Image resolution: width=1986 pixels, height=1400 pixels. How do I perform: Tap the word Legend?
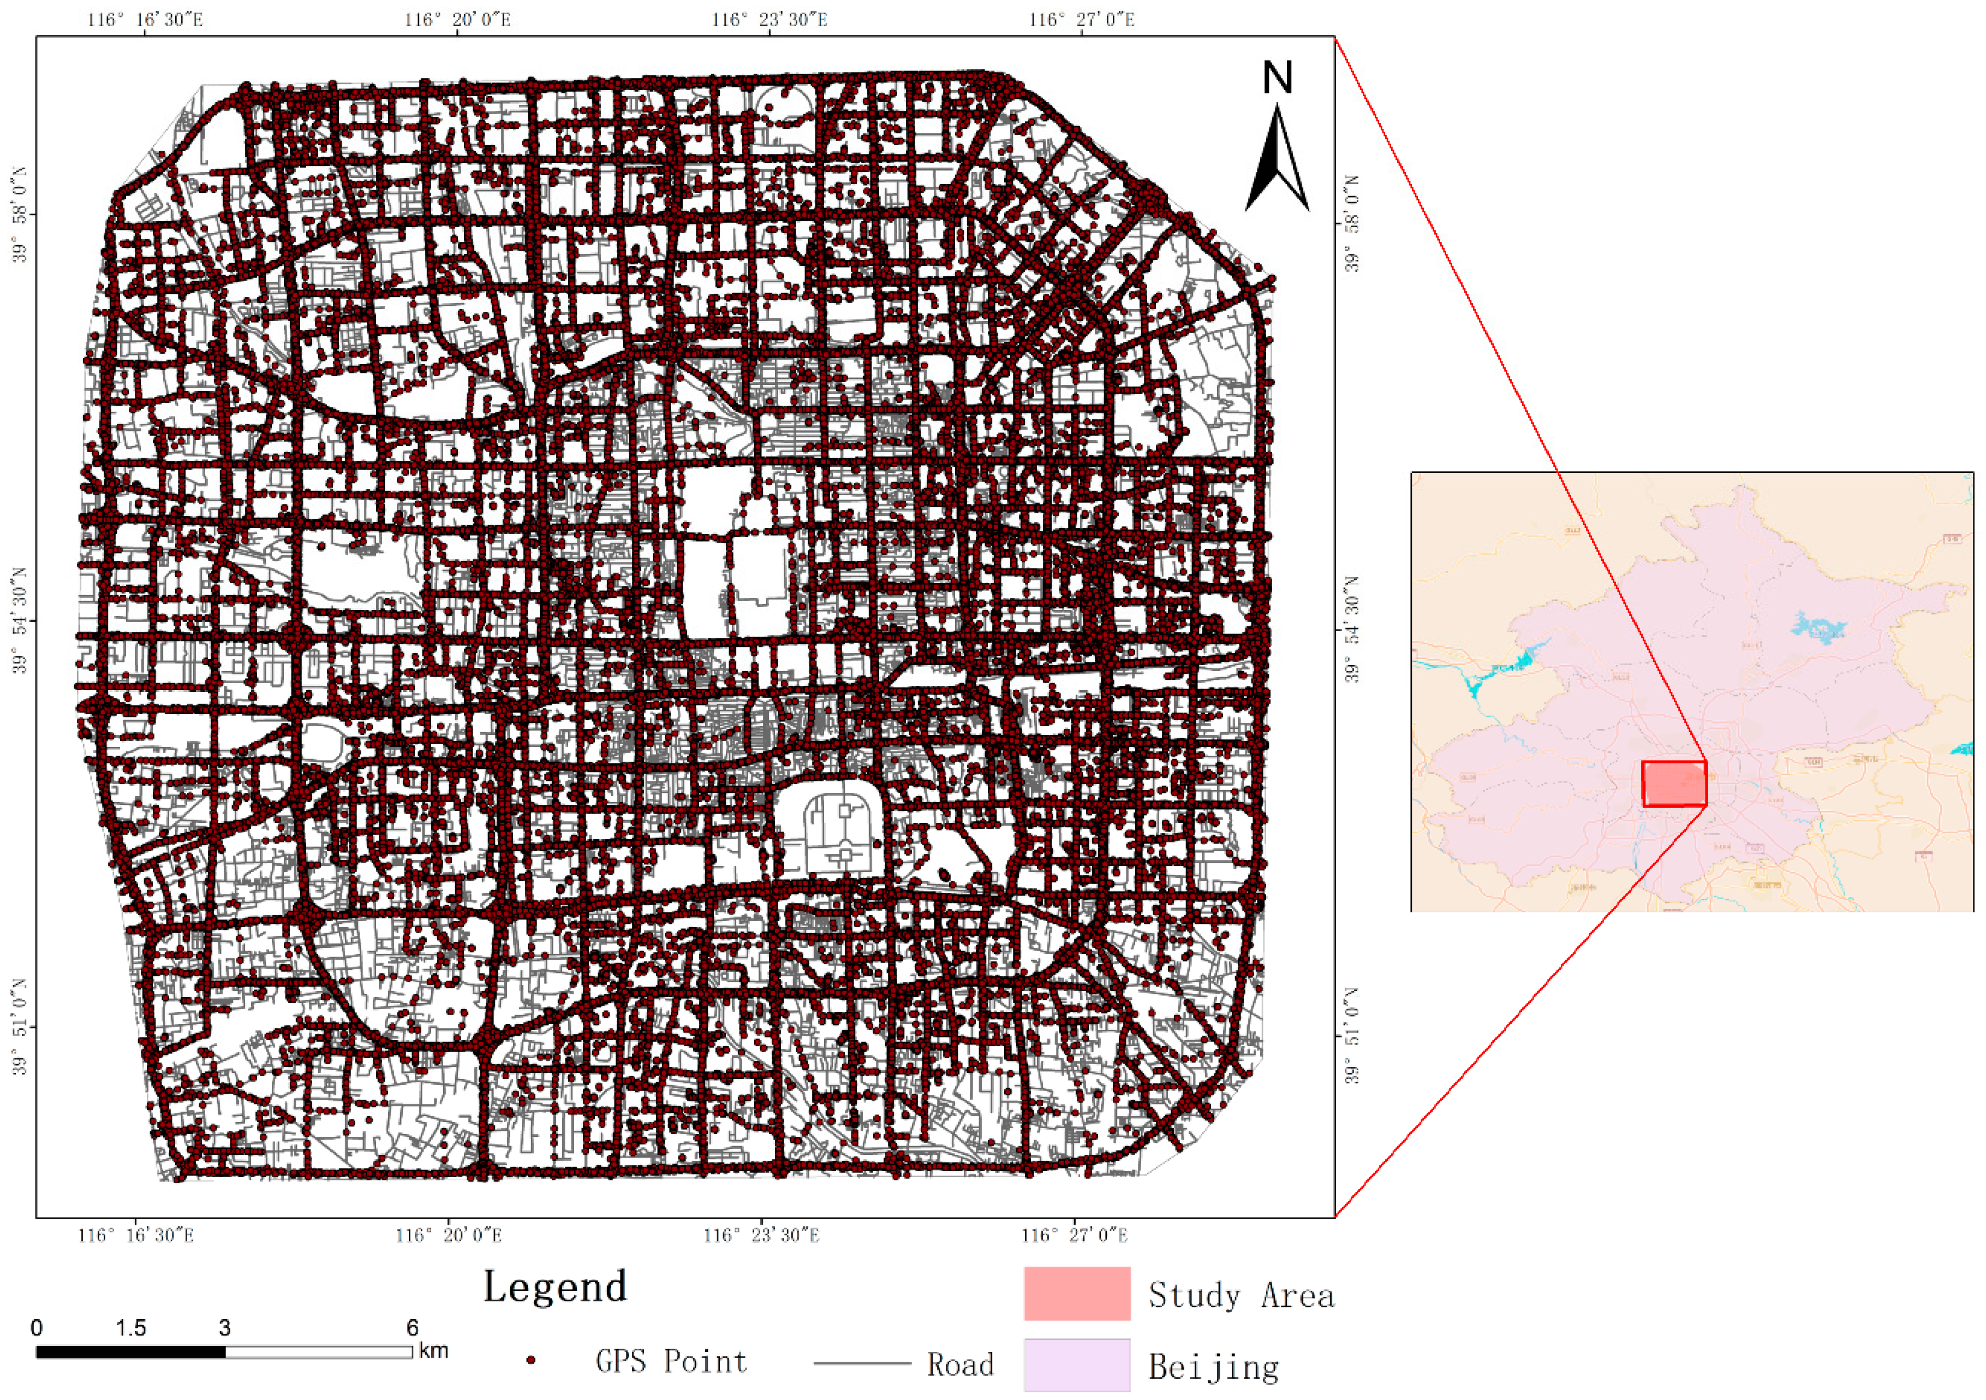(x=554, y=1286)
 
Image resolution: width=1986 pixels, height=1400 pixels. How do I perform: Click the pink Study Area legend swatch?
(x=1077, y=1294)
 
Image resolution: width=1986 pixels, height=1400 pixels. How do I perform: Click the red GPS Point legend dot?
(x=531, y=1361)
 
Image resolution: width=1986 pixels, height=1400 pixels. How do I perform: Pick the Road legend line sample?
(x=862, y=1365)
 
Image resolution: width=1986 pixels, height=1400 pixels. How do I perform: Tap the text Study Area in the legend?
(x=1241, y=1295)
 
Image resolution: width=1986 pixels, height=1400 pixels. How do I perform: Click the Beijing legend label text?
(x=1213, y=1367)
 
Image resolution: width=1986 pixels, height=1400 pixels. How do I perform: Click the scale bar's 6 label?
(x=413, y=1327)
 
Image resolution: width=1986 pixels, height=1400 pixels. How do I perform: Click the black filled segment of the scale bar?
(x=130, y=1351)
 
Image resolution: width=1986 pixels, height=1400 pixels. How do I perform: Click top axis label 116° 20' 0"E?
(x=457, y=19)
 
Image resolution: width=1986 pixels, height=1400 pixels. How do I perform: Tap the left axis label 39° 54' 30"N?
(x=19, y=620)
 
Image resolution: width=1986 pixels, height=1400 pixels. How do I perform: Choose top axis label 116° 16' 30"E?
(x=145, y=19)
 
